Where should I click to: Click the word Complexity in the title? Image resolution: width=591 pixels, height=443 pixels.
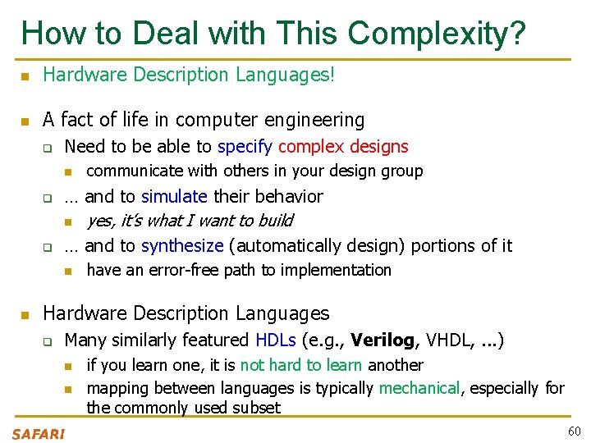[437, 34]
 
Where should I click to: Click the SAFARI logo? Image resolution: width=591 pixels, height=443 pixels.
[38, 434]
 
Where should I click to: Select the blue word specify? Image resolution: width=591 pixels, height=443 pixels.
[245, 148]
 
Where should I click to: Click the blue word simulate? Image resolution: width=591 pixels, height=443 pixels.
[175, 197]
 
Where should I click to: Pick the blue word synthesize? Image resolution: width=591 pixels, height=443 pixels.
[182, 246]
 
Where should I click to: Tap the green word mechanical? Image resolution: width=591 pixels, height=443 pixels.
[419, 388]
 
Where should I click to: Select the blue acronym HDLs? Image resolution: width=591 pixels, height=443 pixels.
[276, 340]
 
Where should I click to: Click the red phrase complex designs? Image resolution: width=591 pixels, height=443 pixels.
[343, 148]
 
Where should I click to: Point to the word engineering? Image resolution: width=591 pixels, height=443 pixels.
[315, 120]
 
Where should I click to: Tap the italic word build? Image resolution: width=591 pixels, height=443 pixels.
[275, 221]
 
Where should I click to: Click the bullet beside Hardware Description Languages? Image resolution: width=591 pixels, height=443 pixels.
[25, 76]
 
